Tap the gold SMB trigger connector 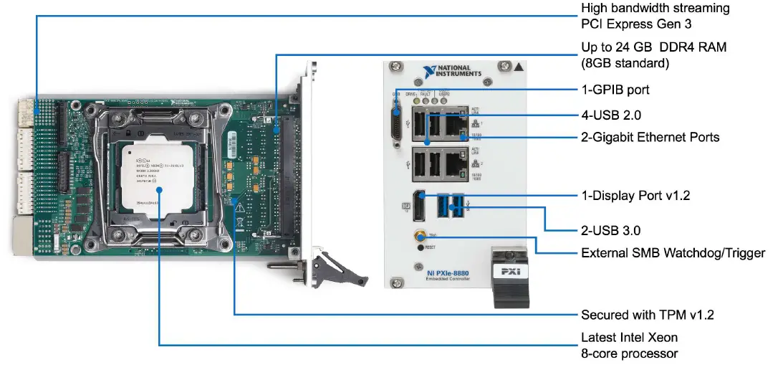pyautogui.click(x=416, y=234)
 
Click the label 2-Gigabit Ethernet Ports pyautogui.click(x=650, y=137)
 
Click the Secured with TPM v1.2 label pyautogui.click(x=647, y=315)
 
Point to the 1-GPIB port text pyautogui.click(x=615, y=90)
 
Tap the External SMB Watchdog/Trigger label pyautogui.click(x=673, y=252)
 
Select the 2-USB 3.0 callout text pyautogui.click(x=610, y=231)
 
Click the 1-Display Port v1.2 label pyautogui.click(x=635, y=195)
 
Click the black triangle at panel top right pyautogui.click(x=519, y=67)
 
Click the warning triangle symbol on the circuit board pyautogui.click(x=239, y=206)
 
